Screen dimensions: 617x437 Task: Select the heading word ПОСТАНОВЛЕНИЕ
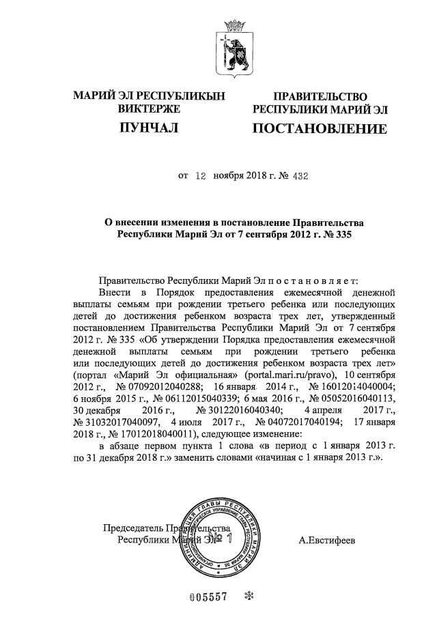(x=320, y=129)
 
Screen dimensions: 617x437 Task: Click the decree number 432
(x=299, y=175)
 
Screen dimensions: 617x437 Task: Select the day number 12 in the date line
(x=200, y=175)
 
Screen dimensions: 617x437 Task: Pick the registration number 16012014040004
(x=348, y=386)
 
